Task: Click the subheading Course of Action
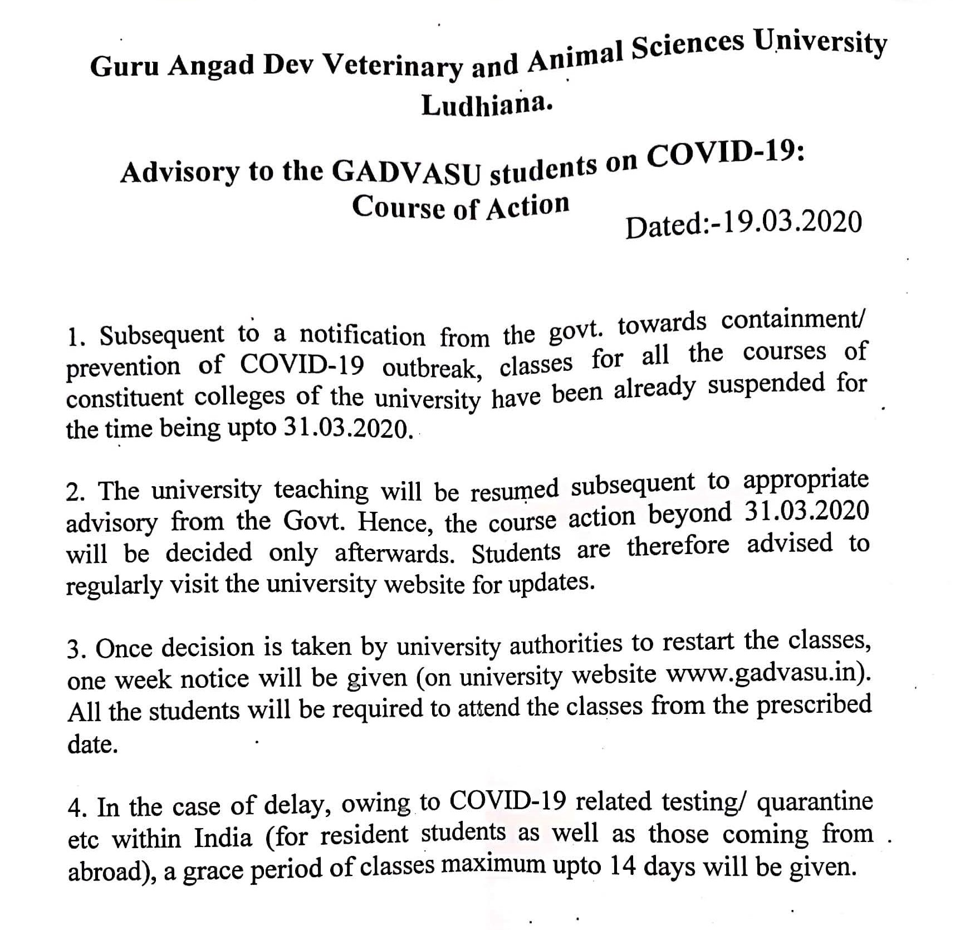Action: click(461, 207)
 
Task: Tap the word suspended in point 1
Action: click(766, 385)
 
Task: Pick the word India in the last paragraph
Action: click(223, 838)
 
